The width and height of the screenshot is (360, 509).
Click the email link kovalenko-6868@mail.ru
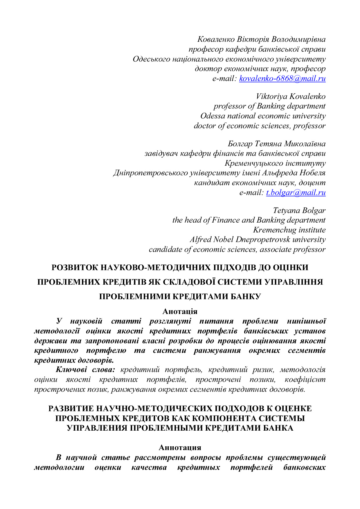[x=282, y=78]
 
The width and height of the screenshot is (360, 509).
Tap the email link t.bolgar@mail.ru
[x=296, y=192]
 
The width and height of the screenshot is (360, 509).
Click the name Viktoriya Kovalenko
[x=291, y=96]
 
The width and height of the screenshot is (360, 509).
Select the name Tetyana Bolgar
[x=299, y=210]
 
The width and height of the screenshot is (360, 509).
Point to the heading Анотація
[x=180, y=311]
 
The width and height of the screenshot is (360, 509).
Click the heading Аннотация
[x=180, y=447]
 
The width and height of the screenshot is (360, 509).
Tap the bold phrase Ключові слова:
[x=86, y=370]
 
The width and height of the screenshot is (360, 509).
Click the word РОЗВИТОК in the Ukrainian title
[x=75, y=267]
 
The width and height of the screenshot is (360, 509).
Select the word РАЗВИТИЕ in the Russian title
[x=71, y=409]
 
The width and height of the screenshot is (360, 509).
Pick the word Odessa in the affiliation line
[x=213, y=116]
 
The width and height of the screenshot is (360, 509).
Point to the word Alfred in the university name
[x=200, y=240]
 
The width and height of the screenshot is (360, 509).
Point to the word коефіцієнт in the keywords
[x=305, y=380]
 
